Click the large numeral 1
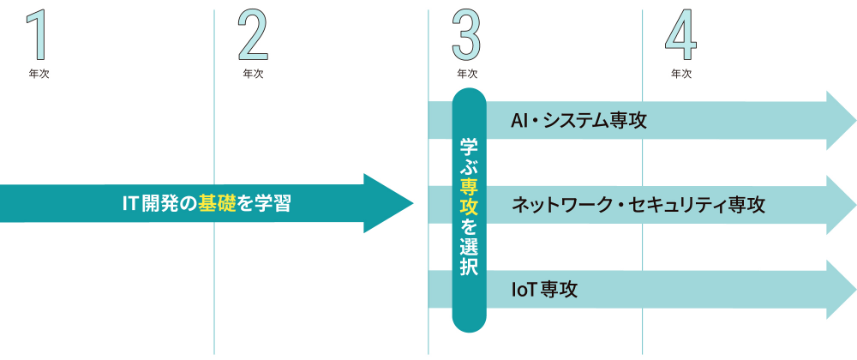coord(38,35)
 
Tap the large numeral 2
coord(253,35)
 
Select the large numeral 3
coord(467,35)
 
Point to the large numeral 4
coord(681,35)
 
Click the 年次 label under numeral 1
coord(39,74)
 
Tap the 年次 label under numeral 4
coord(681,74)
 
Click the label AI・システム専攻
coord(578,120)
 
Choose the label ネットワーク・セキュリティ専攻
coord(638,205)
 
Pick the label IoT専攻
coord(544,290)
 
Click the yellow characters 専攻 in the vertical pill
coord(469,196)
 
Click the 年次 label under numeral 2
coord(253,74)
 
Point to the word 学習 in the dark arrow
coord(275,204)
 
